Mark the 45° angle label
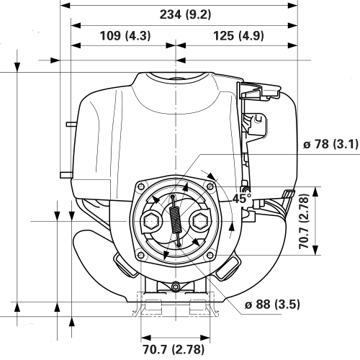click(242, 197)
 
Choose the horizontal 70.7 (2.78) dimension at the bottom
click(174, 350)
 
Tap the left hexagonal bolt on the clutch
click(152, 220)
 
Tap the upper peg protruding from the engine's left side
click(69, 124)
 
